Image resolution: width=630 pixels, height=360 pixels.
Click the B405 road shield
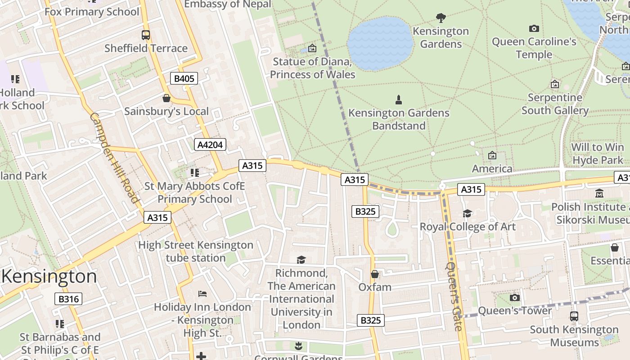184,79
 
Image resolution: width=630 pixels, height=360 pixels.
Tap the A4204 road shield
210,144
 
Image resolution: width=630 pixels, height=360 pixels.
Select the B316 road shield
68,299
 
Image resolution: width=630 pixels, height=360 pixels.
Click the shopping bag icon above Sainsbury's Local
166,98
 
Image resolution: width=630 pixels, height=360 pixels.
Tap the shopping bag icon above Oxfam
374,274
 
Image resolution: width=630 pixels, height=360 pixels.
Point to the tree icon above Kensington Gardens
441,18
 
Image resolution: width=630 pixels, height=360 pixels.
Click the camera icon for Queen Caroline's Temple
534,29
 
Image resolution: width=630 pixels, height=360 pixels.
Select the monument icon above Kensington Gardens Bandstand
398,99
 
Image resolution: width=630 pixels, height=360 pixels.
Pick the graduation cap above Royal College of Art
468,213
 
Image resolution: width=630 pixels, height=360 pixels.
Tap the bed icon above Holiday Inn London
202,294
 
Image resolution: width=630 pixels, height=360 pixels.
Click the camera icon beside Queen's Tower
515,297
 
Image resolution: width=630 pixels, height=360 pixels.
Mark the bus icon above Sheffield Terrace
146,35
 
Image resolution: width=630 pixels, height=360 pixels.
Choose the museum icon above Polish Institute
599,193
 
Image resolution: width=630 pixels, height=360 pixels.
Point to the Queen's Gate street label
454,296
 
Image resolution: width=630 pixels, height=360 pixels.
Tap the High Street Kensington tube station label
196,252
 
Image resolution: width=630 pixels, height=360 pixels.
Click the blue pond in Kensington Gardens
380,44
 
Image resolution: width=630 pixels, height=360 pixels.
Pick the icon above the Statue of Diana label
312,48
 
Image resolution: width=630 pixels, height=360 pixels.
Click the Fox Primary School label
92,12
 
